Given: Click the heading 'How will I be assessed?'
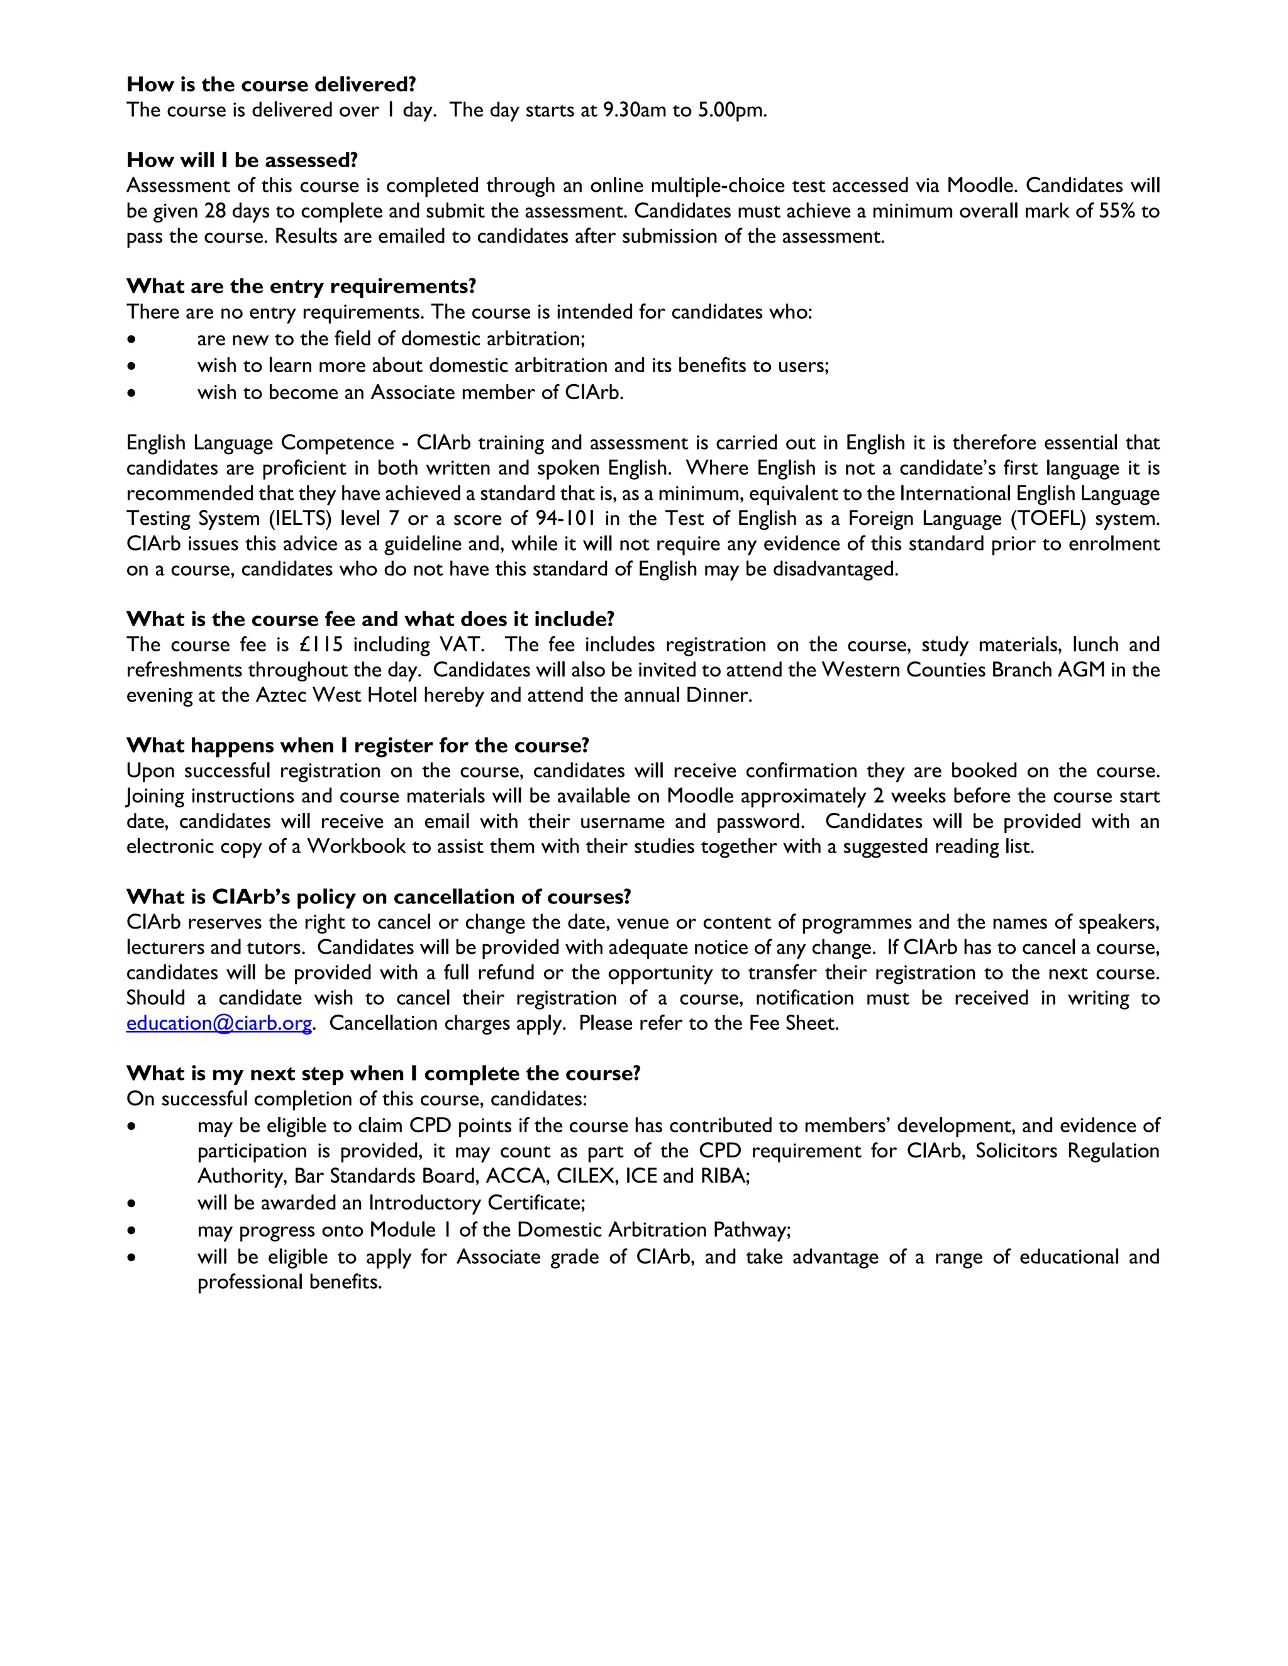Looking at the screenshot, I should click(242, 160).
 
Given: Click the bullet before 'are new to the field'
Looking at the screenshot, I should click(133, 339).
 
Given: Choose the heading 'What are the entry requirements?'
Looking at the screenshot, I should click(301, 286).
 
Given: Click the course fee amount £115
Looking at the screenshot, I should click(321, 644).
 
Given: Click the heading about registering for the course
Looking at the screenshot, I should click(358, 745).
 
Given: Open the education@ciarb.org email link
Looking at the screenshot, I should click(219, 1023).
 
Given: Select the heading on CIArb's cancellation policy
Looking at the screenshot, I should click(379, 897).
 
